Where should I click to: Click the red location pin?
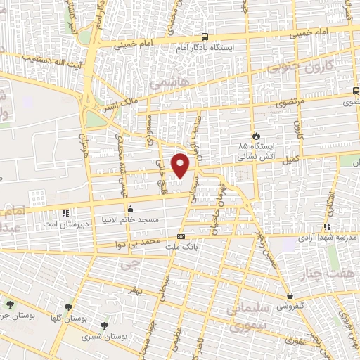click(x=181, y=165)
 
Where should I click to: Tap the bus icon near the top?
click(x=204, y=37)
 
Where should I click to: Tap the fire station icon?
click(x=257, y=135)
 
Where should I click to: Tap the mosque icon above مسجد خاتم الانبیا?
click(x=130, y=209)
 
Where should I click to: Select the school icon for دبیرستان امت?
click(x=65, y=212)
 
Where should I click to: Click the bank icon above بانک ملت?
click(x=181, y=236)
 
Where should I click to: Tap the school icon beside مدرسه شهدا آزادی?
click(x=326, y=226)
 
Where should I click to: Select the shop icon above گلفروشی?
click(x=290, y=297)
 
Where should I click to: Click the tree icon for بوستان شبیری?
click(x=105, y=325)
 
